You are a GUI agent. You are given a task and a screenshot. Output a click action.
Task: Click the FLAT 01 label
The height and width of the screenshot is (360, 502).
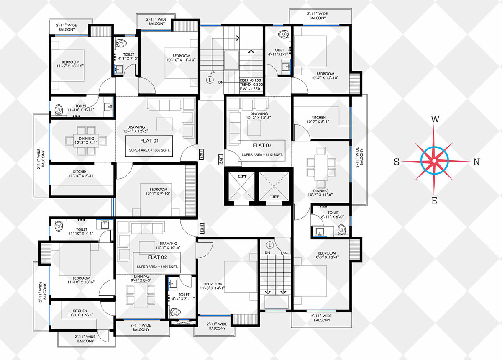pos(149,141)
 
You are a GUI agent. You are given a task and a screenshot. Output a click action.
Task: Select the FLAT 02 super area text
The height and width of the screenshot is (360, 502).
pos(157,267)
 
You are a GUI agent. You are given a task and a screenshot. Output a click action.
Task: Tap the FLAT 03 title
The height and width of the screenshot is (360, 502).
pos(262,145)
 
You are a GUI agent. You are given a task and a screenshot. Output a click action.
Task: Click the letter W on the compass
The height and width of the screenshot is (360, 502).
pos(435,119)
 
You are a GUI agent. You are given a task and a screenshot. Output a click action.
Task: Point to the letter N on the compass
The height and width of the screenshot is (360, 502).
pos(476,162)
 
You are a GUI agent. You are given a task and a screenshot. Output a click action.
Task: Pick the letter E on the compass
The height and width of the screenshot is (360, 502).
pos(434,200)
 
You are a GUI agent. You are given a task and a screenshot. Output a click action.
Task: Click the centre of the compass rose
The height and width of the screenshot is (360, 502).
pos(434,161)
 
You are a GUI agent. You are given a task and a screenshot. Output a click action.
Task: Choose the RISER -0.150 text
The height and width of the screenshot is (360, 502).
pos(250,80)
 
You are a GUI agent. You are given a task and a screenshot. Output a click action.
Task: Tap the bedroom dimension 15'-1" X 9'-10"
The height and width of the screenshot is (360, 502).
pos(158,193)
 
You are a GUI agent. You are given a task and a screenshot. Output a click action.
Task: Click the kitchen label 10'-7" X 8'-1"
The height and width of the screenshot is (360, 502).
pos(318,121)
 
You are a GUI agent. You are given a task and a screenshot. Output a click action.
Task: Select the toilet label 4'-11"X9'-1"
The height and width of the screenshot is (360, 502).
pos(278,54)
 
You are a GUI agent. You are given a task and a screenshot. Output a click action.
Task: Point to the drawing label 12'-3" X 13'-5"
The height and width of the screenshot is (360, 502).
pos(259,118)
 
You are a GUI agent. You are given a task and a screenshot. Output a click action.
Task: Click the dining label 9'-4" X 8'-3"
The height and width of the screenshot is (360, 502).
pos(141,280)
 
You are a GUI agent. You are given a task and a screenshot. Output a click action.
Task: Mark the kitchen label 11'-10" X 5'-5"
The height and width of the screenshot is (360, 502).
pos(80,315)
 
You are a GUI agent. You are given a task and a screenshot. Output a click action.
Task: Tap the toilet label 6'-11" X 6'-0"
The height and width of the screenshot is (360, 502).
pos(332,217)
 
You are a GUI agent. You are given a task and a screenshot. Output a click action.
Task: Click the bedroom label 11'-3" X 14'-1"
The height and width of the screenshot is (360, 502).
pos(212,288)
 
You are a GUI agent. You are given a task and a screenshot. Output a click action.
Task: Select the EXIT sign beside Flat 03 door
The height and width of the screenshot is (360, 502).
pos(221,159)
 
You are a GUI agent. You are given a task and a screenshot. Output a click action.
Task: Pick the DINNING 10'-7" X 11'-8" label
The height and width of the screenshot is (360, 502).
pos(320,193)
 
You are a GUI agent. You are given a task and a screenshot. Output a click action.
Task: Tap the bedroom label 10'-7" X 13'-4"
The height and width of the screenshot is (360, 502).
pos(326,255)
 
